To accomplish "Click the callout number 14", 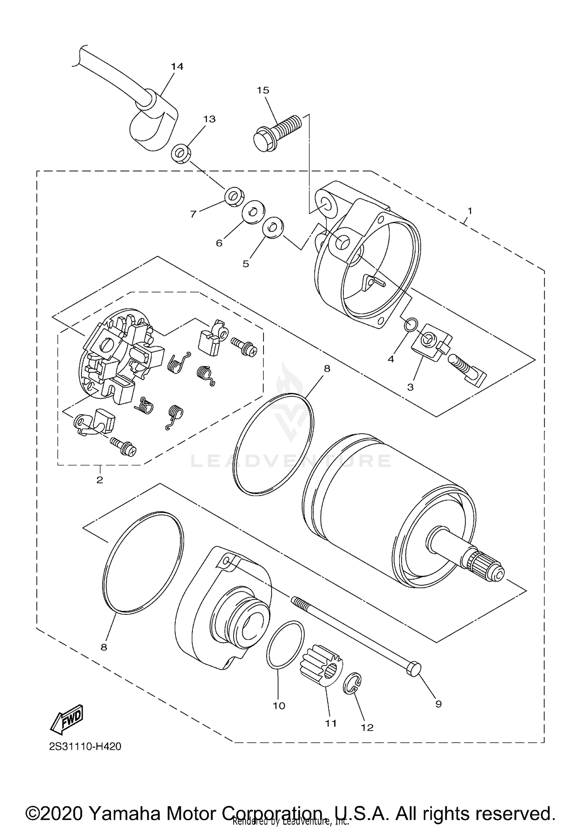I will click(177, 67).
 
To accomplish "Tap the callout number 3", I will click(410, 387).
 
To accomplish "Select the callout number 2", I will click(100, 480).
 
